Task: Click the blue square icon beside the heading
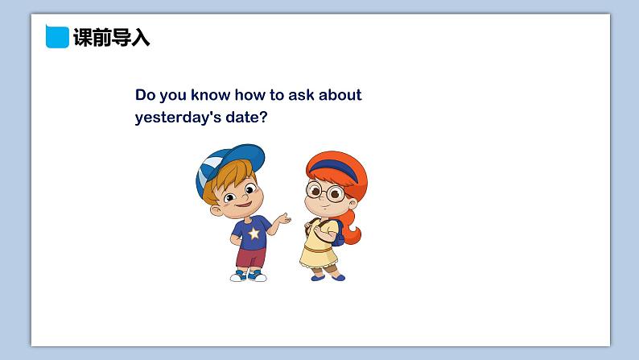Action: [57, 37]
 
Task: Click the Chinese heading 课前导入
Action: [111, 38]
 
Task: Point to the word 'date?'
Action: [246, 117]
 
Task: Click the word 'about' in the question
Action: [340, 94]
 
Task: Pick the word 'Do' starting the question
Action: [145, 95]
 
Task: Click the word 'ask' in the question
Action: [301, 94]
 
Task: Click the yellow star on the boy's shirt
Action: [254, 234]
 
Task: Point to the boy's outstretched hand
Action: [282, 219]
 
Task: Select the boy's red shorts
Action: [251, 258]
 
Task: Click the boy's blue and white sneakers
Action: [248, 276]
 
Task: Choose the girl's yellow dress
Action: [319, 246]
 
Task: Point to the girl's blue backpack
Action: [338, 234]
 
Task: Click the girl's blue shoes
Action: [328, 278]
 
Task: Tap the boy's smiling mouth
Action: [244, 204]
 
